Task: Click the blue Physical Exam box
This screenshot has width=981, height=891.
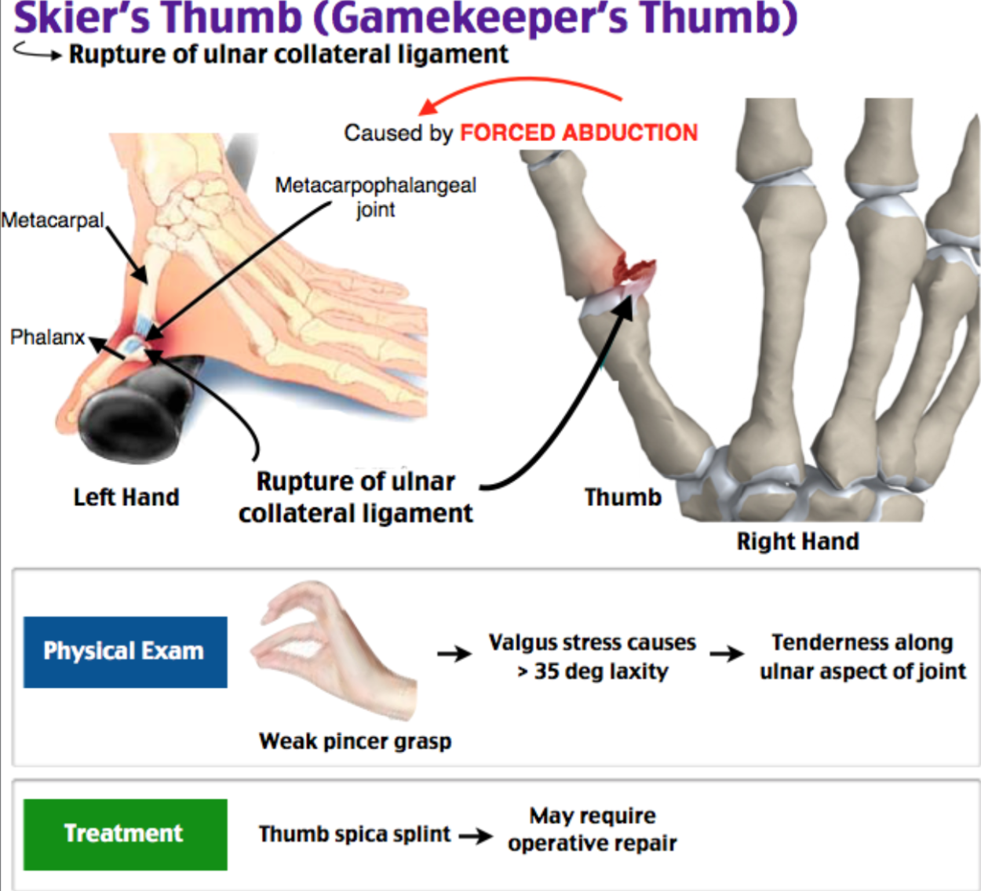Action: (x=126, y=652)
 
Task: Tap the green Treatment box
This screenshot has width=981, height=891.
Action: (x=126, y=835)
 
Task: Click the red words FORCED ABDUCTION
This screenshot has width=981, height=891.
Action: (x=579, y=133)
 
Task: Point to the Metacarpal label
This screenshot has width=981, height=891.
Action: (x=53, y=220)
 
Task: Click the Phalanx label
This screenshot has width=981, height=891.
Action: (x=47, y=337)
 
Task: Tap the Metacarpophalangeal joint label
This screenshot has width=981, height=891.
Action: (x=376, y=198)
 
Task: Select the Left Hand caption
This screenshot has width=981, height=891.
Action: (x=126, y=497)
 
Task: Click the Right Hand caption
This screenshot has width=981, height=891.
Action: (x=797, y=541)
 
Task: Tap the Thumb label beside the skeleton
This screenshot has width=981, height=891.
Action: (x=623, y=497)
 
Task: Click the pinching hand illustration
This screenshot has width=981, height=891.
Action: (x=333, y=649)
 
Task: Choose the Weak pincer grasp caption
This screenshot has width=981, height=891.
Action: (x=355, y=741)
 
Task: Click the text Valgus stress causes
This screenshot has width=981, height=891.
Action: (x=593, y=642)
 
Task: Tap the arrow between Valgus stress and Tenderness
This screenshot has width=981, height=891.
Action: (x=728, y=653)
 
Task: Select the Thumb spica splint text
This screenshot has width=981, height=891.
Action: (x=355, y=835)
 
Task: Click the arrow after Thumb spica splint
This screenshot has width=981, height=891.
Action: (x=476, y=836)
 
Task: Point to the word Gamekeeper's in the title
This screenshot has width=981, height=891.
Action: (x=472, y=19)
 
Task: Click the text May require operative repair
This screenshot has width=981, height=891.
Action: (x=593, y=830)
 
